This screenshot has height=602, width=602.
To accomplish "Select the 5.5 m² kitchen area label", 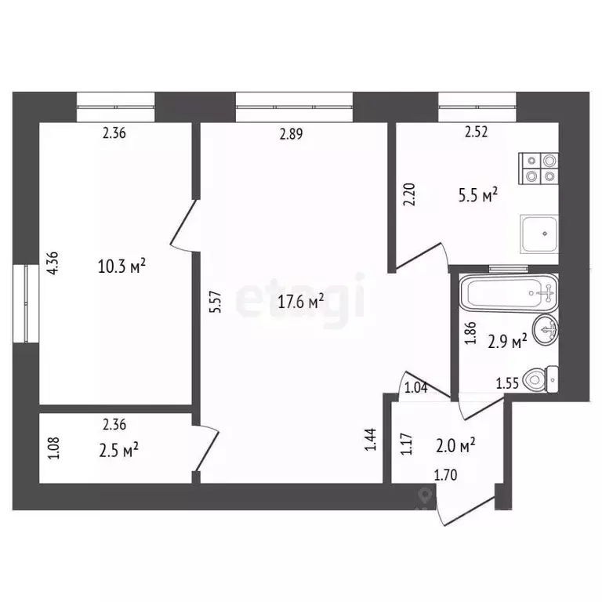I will tap(479, 196).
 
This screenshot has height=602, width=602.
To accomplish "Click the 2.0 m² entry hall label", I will tap(455, 446).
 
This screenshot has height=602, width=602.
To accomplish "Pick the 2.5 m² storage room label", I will tap(119, 448).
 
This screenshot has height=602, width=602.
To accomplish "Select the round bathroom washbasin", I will tap(544, 328).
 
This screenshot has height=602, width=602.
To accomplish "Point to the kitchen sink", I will tap(539, 232).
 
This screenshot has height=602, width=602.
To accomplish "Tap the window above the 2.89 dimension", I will tap(294, 106).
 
